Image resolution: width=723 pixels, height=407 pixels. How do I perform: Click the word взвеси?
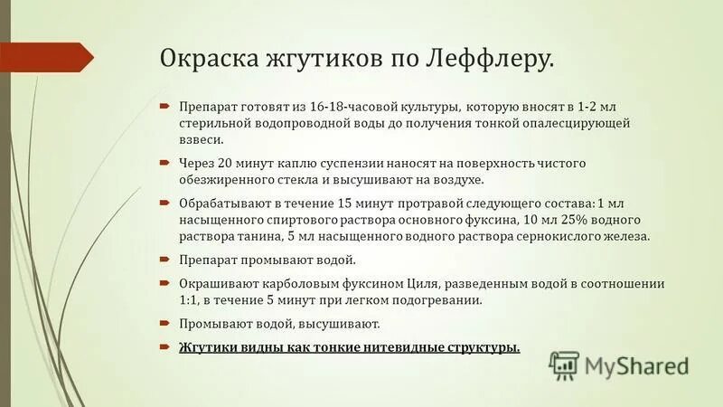coord(202,140)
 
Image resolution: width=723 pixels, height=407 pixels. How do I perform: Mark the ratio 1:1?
coord(192,300)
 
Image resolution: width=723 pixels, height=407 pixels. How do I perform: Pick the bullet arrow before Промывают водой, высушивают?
coord(165,323)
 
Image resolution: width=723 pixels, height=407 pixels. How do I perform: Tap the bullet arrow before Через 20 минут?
coord(165,163)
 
